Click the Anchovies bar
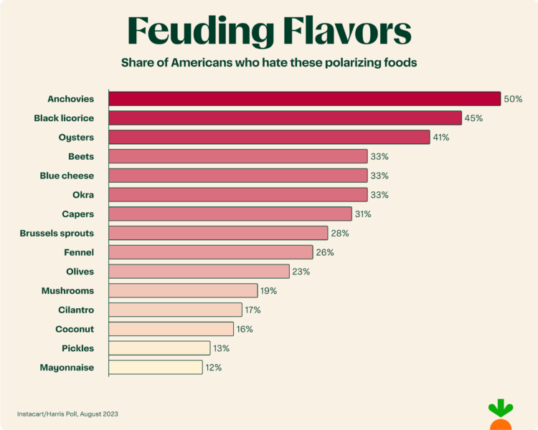click(304, 99)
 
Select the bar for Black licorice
click(285, 118)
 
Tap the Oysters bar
click(269, 137)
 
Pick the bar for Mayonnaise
click(156, 367)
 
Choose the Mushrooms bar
click(183, 290)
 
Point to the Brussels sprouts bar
click(218, 233)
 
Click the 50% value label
click(513, 99)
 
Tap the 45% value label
click(473, 118)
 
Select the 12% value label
click(214, 367)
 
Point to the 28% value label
click(339, 233)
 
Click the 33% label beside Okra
click(379, 195)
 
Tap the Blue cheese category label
click(67, 176)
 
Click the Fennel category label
click(79, 252)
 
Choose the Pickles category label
click(77, 348)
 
